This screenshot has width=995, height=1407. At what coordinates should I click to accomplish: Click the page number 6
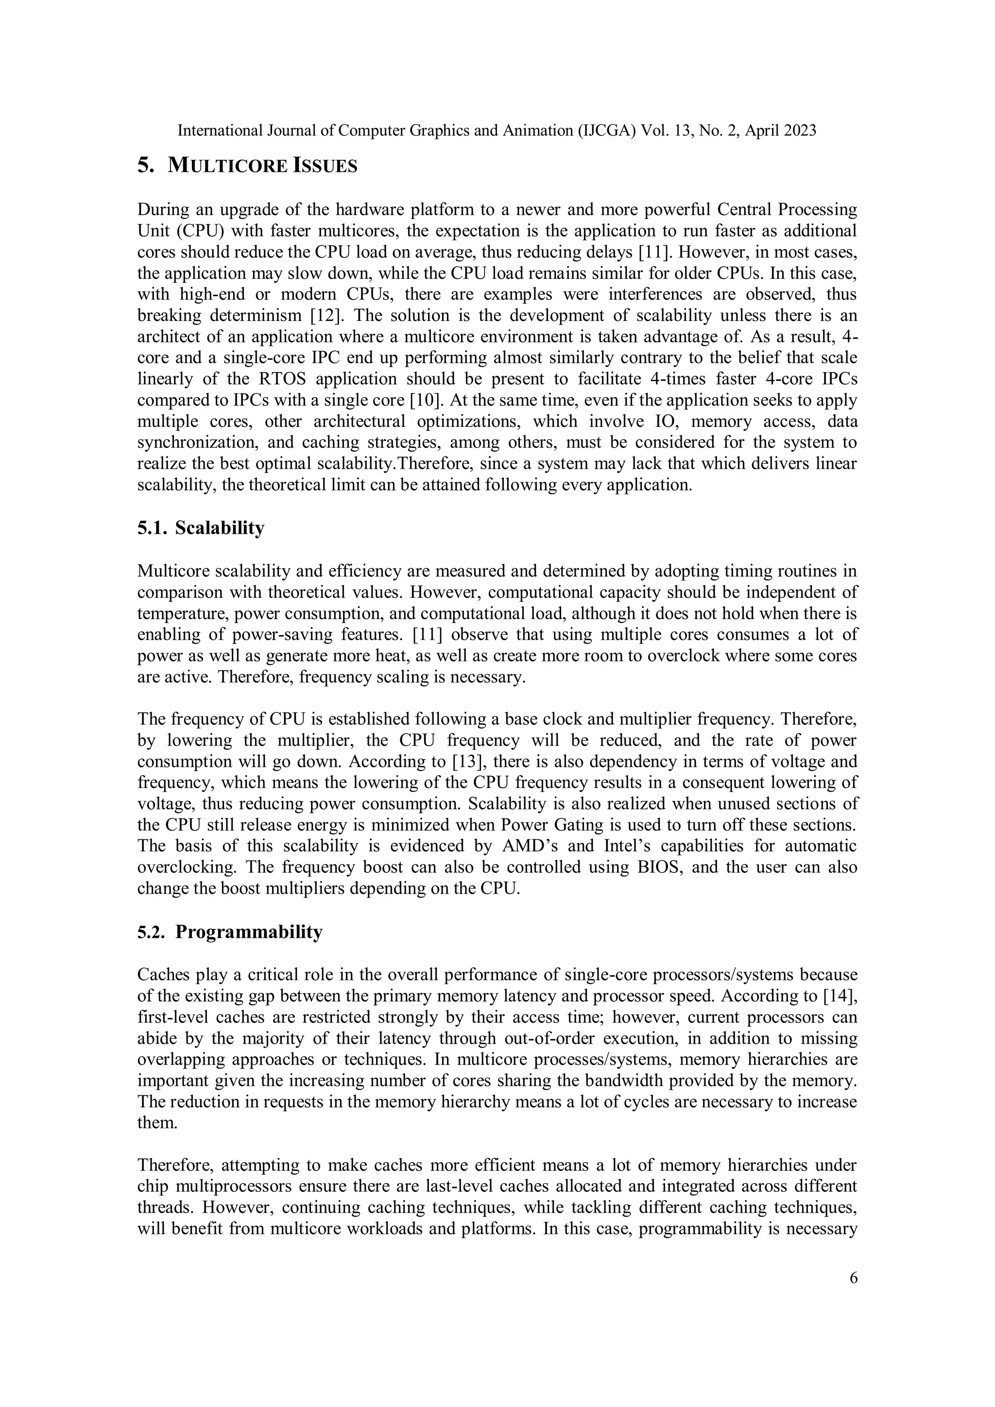click(854, 1278)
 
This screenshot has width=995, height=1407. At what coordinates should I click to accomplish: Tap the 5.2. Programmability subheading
click(229, 932)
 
